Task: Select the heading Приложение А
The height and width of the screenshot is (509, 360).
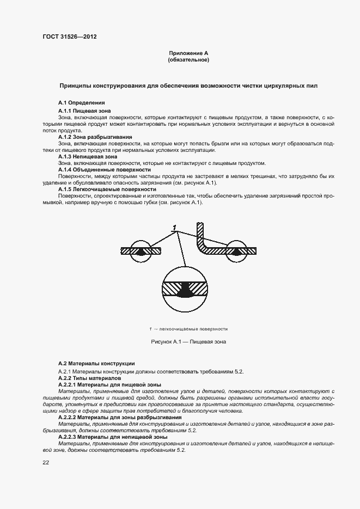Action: click(188, 53)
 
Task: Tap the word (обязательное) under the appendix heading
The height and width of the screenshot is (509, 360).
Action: click(188, 59)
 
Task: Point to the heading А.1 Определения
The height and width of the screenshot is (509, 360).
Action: click(81, 103)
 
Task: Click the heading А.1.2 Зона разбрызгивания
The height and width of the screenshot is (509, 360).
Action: click(95, 137)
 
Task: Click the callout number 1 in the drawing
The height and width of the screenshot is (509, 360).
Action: click(174, 227)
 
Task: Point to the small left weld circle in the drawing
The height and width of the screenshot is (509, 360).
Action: click(142, 252)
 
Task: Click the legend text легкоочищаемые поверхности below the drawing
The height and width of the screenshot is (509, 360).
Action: click(191, 329)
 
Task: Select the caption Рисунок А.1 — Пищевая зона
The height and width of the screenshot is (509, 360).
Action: click(188, 341)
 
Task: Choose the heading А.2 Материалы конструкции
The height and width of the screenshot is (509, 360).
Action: click(96, 363)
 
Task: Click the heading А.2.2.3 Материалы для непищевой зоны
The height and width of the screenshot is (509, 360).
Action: click(113, 437)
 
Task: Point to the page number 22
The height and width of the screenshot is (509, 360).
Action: click(46, 462)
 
